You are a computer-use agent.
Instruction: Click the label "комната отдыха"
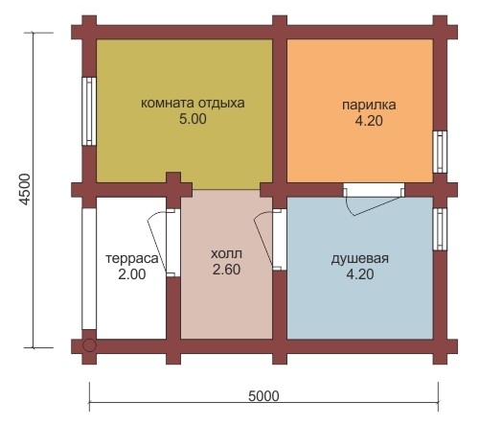[193, 104]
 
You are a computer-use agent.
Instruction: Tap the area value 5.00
[193, 119]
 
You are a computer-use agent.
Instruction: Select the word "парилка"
[369, 105]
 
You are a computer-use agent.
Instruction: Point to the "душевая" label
[360, 258]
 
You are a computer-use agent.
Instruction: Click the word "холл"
[226, 254]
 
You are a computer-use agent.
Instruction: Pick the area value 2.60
[226, 270]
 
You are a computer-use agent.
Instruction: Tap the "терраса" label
[132, 258]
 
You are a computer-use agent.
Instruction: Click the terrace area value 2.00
[132, 274]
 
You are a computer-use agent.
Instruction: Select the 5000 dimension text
[263, 396]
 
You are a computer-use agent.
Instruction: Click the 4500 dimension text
[25, 189]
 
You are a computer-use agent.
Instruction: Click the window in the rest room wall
[89, 111]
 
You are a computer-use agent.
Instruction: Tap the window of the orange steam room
[440, 152]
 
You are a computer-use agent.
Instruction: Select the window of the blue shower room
[440, 229]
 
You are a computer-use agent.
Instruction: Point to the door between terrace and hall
[164, 243]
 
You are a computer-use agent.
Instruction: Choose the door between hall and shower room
[270, 239]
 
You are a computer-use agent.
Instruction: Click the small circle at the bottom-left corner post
[89, 345]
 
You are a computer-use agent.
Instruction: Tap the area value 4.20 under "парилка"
[369, 121]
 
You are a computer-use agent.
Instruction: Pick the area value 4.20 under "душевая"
[360, 274]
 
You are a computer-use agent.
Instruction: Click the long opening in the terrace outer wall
[89, 269]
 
